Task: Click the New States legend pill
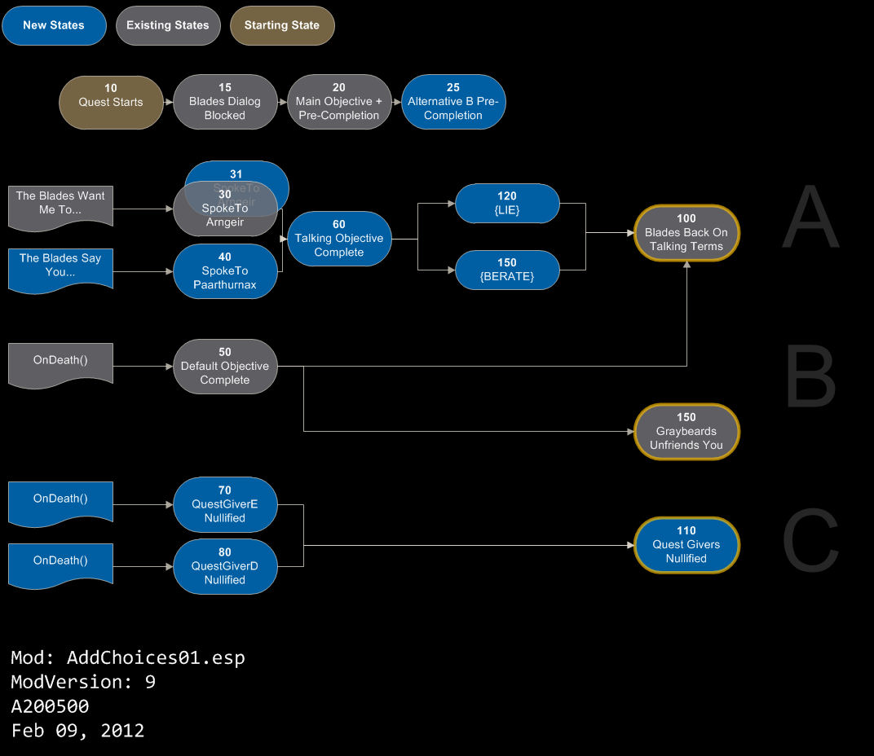click(54, 25)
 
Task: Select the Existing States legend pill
click(168, 25)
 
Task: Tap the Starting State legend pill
click(282, 25)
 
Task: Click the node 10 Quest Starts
click(111, 102)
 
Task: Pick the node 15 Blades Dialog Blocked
click(225, 102)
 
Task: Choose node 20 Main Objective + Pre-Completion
click(339, 102)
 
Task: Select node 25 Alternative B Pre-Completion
click(453, 102)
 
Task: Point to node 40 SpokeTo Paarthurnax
click(225, 271)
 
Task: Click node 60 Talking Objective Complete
click(339, 239)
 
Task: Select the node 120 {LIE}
click(507, 203)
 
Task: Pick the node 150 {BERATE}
click(507, 270)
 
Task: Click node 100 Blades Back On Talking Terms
click(686, 232)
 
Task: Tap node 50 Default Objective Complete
click(225, 367)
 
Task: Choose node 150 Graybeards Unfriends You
click(686, 432)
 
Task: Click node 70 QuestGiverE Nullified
click(225, 504)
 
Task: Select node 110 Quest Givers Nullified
click(686, 544)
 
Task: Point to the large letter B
click(810, 378)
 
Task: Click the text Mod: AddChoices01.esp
click(128, 657)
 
